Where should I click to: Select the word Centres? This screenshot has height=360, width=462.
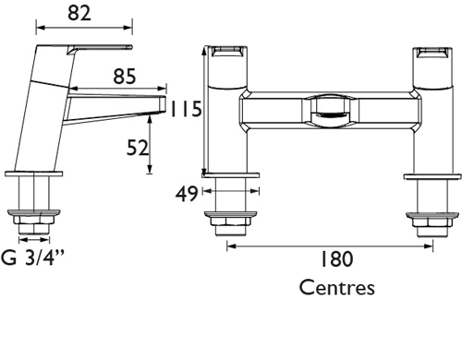click(x=337, y=288)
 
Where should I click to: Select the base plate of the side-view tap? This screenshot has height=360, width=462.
click(x=34, y=172)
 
